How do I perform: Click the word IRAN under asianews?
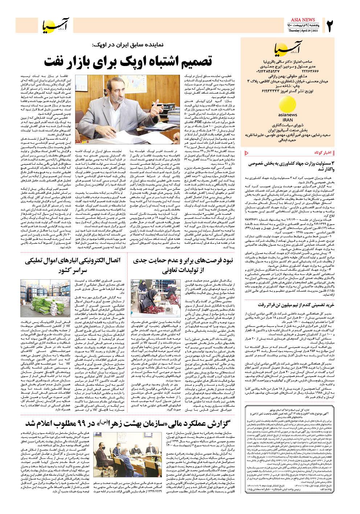[287, 120]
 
